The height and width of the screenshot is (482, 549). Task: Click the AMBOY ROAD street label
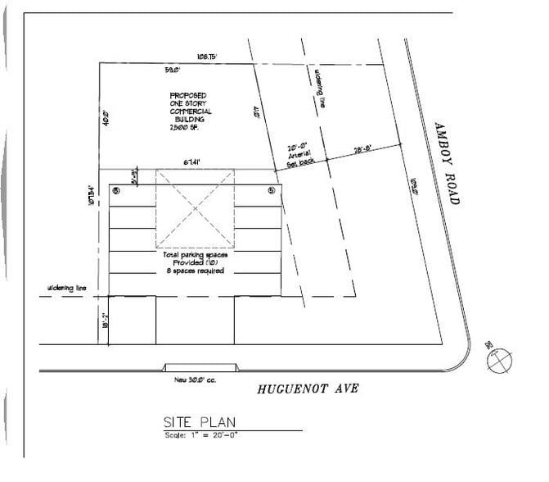coord(448,161)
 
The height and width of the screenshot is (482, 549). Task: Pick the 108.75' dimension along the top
coord(206,57)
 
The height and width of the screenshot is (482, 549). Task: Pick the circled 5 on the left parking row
coord(116,190)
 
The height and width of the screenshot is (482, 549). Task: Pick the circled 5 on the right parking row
coord(271,190)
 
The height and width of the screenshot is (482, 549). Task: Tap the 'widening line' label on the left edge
coord(68,289)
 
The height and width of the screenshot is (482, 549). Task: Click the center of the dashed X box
coord(195,209)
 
